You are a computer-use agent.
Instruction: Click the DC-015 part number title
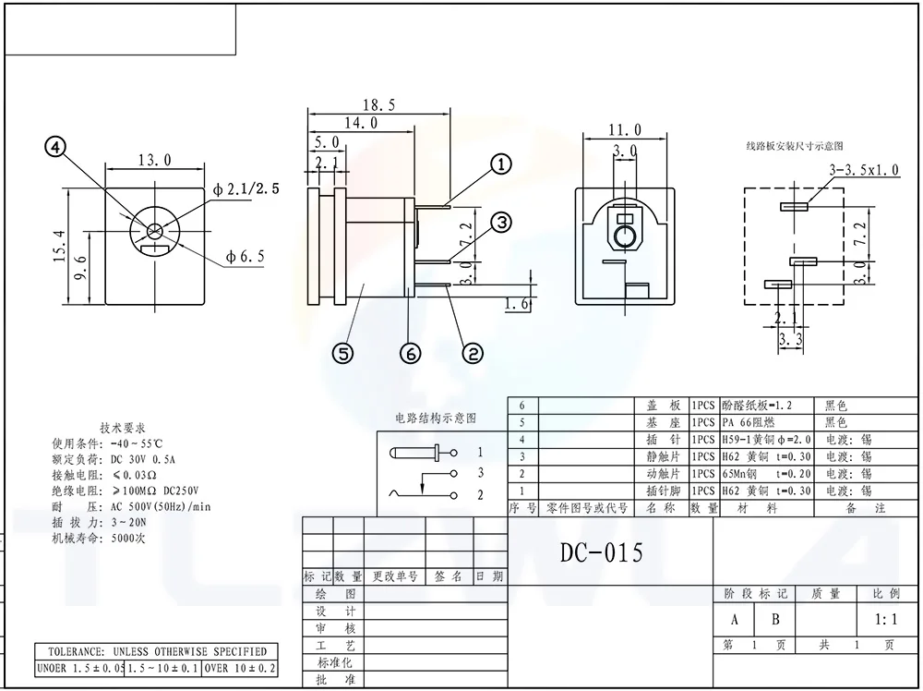pos(602,552)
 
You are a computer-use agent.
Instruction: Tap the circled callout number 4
pos(58,148)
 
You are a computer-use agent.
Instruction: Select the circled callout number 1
pos(500,165)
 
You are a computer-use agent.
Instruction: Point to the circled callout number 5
pos(342,352)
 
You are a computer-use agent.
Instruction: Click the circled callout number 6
pos(410,352)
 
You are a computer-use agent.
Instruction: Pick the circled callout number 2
pos(472,352)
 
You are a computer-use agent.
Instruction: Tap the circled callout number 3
pos(500,222)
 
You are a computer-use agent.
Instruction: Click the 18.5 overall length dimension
pos(378,106)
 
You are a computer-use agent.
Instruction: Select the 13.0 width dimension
pos(154,160)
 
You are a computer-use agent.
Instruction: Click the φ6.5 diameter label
pos(246,257)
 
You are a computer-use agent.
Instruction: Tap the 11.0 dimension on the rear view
pos(624,130)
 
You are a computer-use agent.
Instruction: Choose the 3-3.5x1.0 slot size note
pos(865,170)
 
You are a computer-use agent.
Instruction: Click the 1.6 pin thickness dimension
pos(519,304)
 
